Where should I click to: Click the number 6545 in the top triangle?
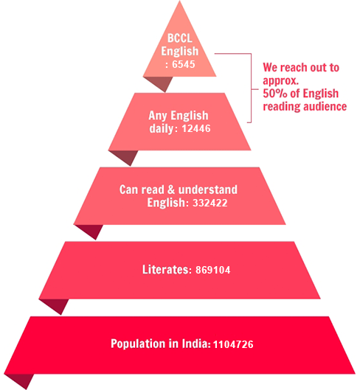tap(184, 64)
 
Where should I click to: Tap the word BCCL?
tap(180, 38)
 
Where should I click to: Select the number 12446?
tap(196, 128)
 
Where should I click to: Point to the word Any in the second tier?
tap(158, 116)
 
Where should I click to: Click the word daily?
tap(162, 128)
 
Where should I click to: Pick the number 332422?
tap(210, 203)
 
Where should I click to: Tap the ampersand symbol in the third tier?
tap(171, 189)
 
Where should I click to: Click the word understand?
tap(208, 189)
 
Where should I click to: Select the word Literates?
tap(165, 269)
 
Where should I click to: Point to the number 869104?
tap(213, 270)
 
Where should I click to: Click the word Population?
tap(138, 344)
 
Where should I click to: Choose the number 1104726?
tap(233, 344)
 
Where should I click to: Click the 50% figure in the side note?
tap(275, 94)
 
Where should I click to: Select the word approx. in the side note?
tap(281, 81)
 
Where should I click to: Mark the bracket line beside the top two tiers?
tap(251, 88)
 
